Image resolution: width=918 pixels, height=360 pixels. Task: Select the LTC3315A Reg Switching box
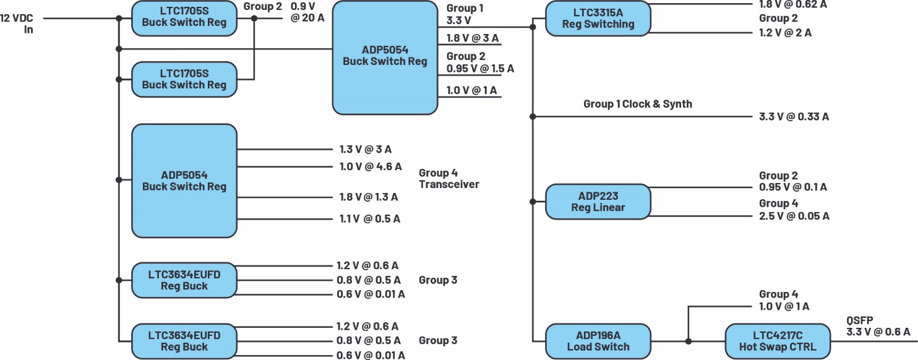[598, 19]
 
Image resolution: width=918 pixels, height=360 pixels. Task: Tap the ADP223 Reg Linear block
[598, 202]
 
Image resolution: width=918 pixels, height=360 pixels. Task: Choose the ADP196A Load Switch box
[598, 341]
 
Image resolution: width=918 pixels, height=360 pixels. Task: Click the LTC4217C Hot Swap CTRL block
[777, 341]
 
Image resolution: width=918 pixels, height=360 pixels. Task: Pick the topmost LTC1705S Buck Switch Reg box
[184, 17]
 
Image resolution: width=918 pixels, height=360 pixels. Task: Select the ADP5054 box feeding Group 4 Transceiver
[184, 181]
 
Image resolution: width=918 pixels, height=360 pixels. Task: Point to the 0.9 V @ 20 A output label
[307, 12]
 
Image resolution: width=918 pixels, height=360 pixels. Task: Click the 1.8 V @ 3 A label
[473, 39]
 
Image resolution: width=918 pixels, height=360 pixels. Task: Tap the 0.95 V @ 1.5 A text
[480, 68]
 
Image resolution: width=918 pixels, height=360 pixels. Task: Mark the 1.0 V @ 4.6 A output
[370, 166]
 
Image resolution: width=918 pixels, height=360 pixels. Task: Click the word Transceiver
[449, 184]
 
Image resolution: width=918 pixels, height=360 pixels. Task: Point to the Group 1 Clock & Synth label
[638, 104]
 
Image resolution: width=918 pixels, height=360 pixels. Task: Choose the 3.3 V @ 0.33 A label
[794, 116]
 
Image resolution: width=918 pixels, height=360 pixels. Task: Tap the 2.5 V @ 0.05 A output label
[794, 215]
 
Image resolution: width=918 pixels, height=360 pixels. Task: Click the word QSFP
[860, 320]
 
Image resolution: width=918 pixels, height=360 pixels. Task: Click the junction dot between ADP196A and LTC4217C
[688, 341]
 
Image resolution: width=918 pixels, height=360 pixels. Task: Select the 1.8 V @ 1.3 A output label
[368, 197]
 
